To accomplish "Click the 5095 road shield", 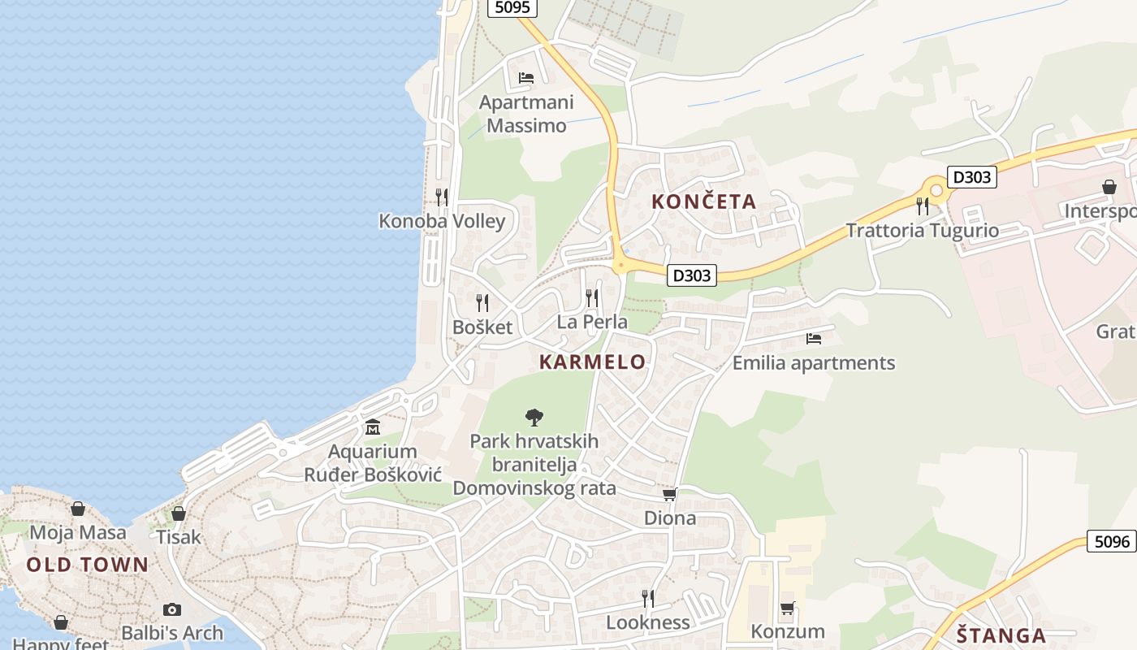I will pyautogui.click(x=512, y=7).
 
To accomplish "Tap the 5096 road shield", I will pyautogui.click(x=1111, y=541).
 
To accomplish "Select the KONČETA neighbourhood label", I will pyautogui.click(x=703, y=201).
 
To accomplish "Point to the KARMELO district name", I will pyautogui.click(x=593, y=362).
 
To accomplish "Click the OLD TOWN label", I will pyautogui.click(x=88, y=565).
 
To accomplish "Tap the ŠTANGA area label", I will pyautogui.click(x=1000, y=635).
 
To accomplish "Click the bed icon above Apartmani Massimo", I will pyautogui.click(x=526, y=78).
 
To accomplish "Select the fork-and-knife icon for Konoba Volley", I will pyautogui.click(x=442, y=197).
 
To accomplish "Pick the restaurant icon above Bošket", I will pyautogui.click(x=482, y=303).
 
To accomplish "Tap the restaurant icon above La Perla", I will pyautogui.click(x=592, y=298).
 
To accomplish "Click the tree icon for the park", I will pyautogui.click(x=534, y=418).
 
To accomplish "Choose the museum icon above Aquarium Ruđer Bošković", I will pyautogui.click(x=373, y=427).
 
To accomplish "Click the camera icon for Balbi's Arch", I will pyautogui.click(x=172, y=609).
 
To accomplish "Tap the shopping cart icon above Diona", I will pyautogui.click(x=670, y=494).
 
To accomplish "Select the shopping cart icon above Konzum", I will pyautogui.click(x=787, y=608).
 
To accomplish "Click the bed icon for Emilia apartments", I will pyautogui.click(x=814, y=339).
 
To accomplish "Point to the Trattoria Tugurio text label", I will pyautogui.click(x=923, y=231).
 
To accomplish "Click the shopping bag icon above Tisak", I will pyautogui.click(x=179, y=513).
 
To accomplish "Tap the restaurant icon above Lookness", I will pyautogui.click(x=648, y=599).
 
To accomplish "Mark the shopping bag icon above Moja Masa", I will pyautogui.click(x=78, y=509).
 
